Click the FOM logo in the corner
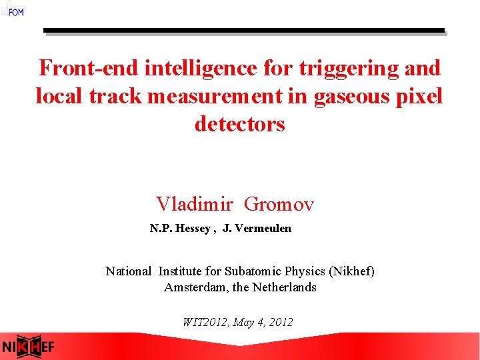pos(12,9)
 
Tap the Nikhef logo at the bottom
pos(28,347)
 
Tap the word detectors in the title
pos(240,125)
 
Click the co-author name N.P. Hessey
pos(181,229)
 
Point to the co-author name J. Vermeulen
pos(257,229)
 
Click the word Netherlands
pos(286,288)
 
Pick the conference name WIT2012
pos(205,322)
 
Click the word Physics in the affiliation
pos(303,271)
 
